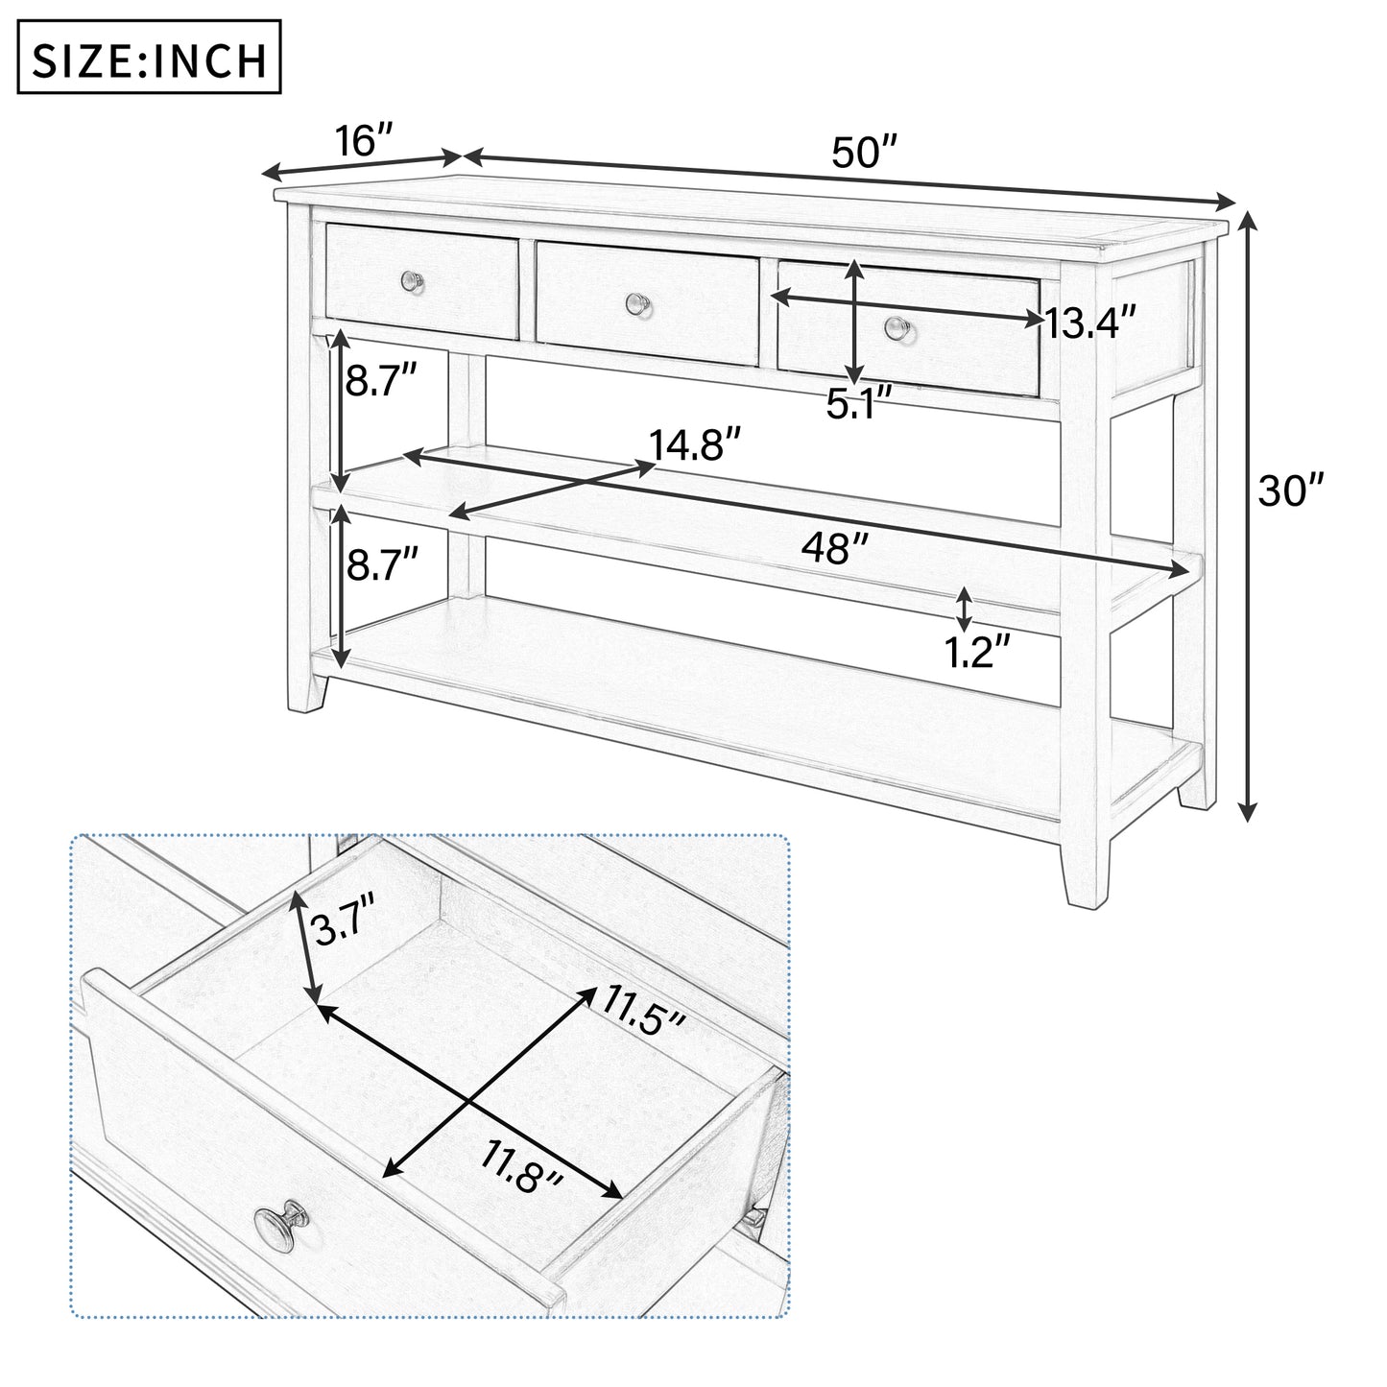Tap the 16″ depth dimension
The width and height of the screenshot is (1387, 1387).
[x=365, y=141]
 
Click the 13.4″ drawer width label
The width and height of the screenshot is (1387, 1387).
[x=1090, y=323]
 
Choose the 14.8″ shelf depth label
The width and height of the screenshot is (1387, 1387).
[x=694, y=446]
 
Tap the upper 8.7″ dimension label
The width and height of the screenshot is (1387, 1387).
[x=381, y=381]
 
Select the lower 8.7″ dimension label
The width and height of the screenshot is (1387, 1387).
[x=383, y=564]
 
